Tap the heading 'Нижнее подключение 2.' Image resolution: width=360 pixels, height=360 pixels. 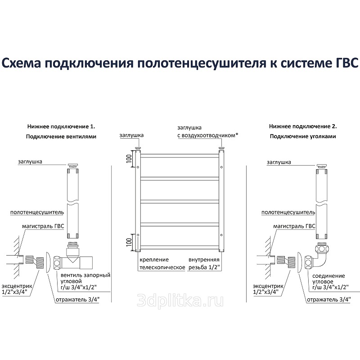point(302,127)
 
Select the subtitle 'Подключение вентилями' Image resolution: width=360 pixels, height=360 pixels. point(61,136)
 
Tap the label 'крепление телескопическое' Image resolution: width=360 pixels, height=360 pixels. point(161,264)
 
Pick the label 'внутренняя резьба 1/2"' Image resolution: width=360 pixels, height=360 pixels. point(204,264)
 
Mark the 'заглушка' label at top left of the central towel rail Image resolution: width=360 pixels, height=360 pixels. point(131,135)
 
